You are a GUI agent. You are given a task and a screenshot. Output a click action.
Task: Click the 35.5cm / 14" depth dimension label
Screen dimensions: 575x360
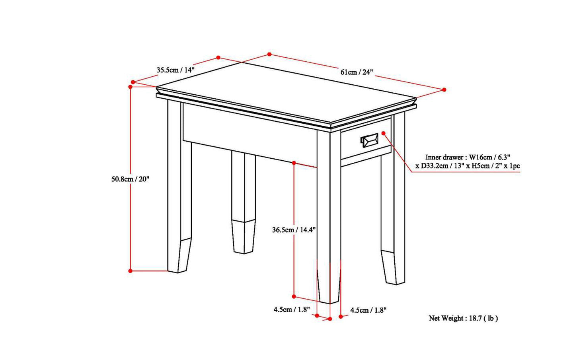coord(175,70)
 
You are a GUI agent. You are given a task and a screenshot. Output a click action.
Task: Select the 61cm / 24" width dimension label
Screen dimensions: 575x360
coord(357,72)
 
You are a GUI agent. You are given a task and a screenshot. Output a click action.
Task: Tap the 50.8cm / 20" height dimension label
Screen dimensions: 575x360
coord(130,179)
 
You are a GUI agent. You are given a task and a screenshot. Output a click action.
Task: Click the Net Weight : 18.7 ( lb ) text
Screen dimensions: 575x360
coord(463,318)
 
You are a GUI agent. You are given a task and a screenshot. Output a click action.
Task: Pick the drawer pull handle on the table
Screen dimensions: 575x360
coord(369,140)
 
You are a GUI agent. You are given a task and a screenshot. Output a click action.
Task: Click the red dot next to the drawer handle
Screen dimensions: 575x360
coord(384,133)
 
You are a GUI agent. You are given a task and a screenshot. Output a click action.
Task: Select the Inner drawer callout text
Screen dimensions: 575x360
coord(468,162)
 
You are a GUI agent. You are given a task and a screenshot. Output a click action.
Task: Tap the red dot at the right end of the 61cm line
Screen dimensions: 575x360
coord(444,90)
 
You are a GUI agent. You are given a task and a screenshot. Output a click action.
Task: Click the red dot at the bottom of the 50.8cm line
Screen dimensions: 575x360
coord(131,271)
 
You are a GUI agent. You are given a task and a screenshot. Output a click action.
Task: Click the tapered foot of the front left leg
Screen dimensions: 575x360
coord(185,255)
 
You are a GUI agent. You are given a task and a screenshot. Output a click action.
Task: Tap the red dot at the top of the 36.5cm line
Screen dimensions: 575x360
coord(294,163)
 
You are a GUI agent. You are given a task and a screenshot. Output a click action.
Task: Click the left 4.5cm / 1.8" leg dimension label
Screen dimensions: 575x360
coord(292,309)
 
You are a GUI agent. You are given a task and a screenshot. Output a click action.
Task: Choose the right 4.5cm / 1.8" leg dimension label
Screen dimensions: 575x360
coord(368,310)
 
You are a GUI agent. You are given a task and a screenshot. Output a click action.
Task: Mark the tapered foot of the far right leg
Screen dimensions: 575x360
coord(393,267)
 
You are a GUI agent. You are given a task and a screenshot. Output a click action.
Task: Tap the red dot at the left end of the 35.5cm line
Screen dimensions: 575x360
coord(133,82)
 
